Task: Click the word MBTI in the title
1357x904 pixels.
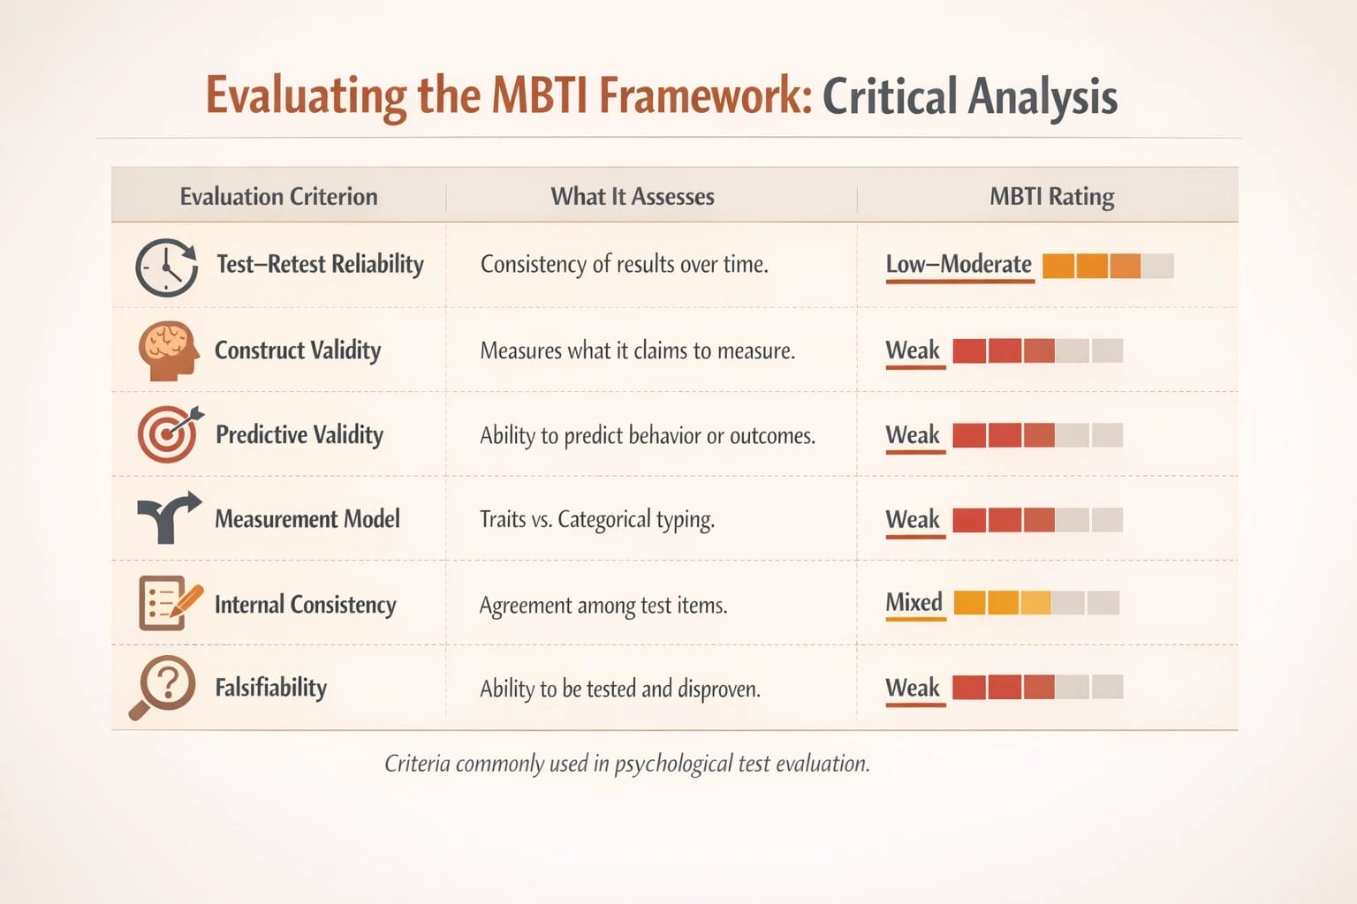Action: tap(540, 95)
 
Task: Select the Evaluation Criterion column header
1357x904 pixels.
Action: tap(278, 196)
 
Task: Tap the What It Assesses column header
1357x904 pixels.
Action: tap(633, 196)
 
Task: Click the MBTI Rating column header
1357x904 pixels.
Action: tap(1051, 196)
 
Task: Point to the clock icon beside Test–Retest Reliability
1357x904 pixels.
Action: tap(166, 267)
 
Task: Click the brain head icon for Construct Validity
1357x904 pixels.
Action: tap(167, 350)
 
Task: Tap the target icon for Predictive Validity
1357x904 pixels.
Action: tap(169, 434)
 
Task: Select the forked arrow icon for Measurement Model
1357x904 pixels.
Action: tap(168, 517)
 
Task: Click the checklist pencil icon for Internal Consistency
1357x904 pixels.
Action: tap(169, 603)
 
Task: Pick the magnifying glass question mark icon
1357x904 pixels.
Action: tap(164, 686)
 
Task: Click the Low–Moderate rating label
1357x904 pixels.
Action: tap(959, 265)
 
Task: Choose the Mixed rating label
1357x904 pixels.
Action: tap(914, 602)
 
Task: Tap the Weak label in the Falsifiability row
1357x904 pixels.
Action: tap(913, 688)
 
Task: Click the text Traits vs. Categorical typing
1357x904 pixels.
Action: tap(597, 519)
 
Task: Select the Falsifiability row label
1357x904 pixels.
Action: tap(271, 687)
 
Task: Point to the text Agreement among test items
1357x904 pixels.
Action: tap(603, 606)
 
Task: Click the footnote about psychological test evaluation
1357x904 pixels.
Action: tap(627, 764)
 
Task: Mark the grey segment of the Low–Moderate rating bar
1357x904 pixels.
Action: tap(1157, 266)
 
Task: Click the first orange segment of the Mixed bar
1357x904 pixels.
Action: tap(969, 603)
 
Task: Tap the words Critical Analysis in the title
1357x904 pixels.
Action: tap(969, 95)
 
